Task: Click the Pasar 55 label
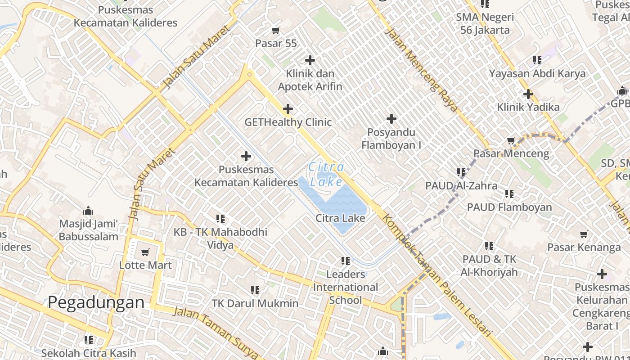(x=276, y=43)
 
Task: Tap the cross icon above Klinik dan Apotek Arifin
(x=310, y=60)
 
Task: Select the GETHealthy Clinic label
(x=288, y=122)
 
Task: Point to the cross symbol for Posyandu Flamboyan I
(x=391, y=119)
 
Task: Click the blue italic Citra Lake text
(x=327, y=174)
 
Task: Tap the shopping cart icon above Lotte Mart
(x=145, y=252)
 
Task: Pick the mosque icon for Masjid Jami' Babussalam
(x=88, y=211)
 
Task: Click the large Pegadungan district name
(x=96, y=302)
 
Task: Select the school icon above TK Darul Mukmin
(x=255, y=290)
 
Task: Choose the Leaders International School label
(x=346, y=287)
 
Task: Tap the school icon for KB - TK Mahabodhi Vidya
(x=220, y=219)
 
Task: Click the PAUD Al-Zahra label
(x=461, y=185)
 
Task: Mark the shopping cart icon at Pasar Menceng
(x=511, y=141)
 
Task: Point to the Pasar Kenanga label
(x=584, y=247)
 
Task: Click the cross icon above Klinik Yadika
(x=528, y=94)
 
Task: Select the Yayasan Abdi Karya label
(x=537, y=73)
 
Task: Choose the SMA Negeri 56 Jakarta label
(x=485, y=24)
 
